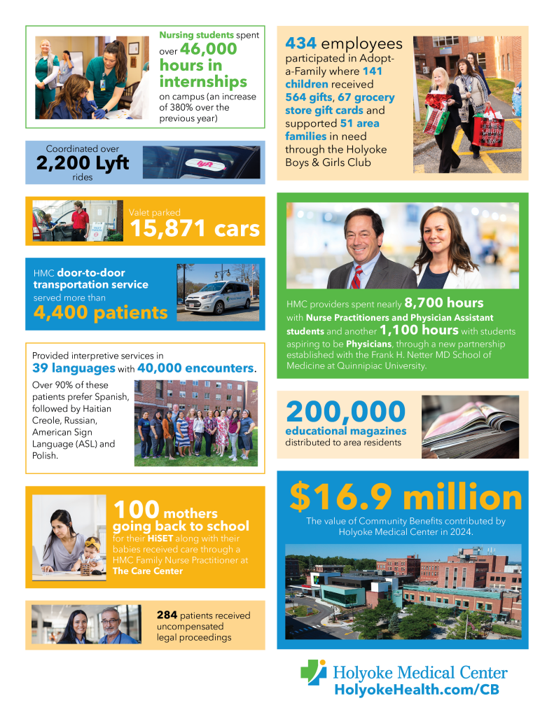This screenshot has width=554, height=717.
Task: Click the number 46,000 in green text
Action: point(209,49)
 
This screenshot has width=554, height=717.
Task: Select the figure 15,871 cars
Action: point(195,228)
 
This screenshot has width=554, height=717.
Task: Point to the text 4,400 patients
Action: point(100,312)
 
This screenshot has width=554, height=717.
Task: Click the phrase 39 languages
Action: point(74,368)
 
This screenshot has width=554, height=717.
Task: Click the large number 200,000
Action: point(345,411)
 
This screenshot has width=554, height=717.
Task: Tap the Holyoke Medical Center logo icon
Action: point(313,673)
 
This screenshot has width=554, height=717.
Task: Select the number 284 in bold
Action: point(168,615)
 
